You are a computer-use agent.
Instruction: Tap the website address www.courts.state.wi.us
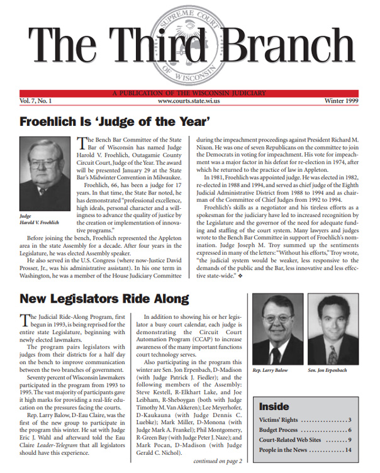tap(189, 101)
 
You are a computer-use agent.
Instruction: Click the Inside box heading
tap(274, 389)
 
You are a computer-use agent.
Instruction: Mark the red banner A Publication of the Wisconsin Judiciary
tap(189, 93)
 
